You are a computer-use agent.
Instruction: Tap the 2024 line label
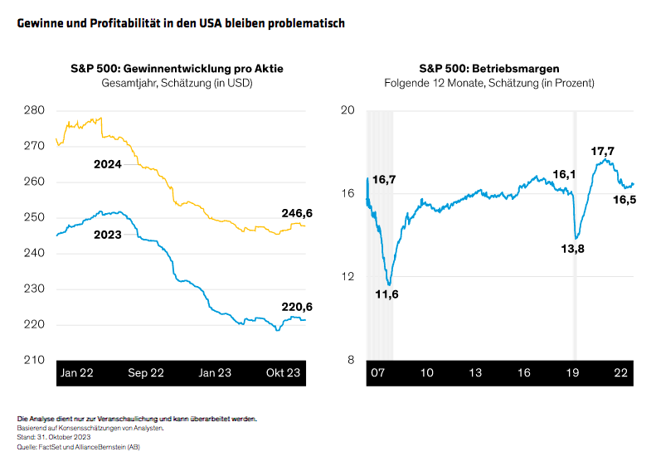point(108,165)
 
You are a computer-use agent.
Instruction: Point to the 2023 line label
point(108,235)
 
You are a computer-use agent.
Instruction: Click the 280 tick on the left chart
point(35,110)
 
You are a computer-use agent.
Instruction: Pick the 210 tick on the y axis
point(35,360)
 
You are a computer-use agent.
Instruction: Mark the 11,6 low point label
point(387,294)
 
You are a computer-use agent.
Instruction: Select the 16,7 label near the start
point(384,180)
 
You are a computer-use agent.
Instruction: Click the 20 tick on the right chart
point(348,110)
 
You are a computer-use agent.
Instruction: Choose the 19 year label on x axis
point(573,373)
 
